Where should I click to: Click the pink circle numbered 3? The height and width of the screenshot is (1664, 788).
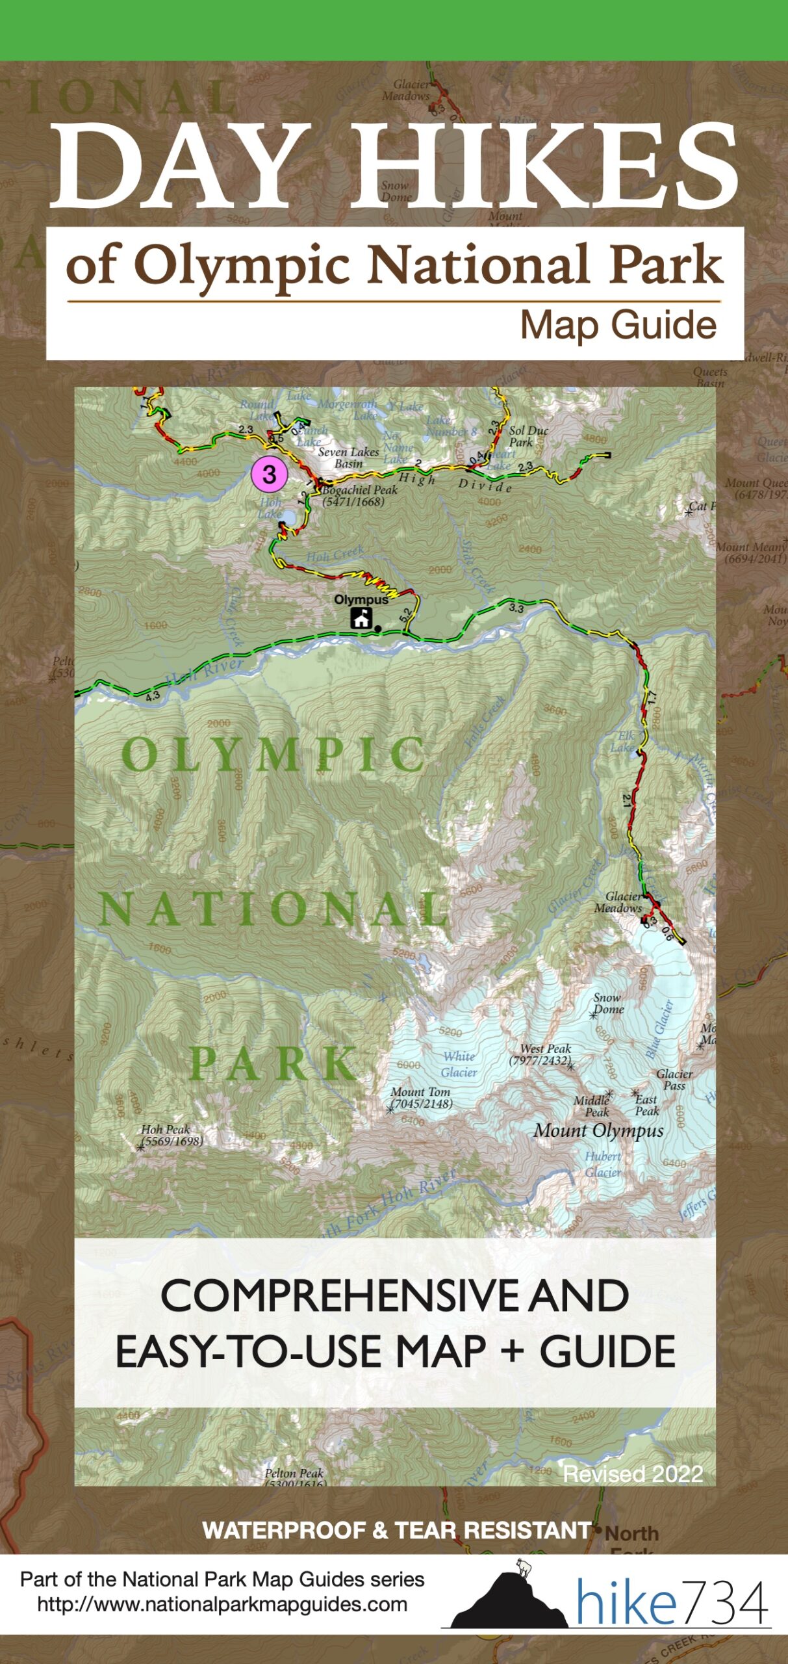coord(269,474)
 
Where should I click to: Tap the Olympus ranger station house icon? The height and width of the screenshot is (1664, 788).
coord(361,617)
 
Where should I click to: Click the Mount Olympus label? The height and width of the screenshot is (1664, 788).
coord(598,1130)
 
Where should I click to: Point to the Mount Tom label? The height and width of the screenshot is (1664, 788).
coord(421,1098)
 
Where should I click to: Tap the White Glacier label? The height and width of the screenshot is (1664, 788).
coord(459,1064)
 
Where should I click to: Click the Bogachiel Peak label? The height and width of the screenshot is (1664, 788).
coord(359,495)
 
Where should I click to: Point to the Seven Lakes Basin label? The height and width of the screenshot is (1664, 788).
coord(349,458)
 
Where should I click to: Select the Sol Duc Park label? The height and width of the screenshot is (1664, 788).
coord(527,436)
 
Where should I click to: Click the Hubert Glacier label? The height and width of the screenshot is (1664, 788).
coord(603,1164)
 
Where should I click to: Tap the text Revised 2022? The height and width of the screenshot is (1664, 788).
coord(633,1474)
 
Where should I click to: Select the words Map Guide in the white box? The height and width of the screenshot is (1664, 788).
coord(618,325)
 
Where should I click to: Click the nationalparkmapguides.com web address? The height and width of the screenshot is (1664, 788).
coord(222,1604)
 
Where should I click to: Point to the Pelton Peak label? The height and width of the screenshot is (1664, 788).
coord(294,1477)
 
